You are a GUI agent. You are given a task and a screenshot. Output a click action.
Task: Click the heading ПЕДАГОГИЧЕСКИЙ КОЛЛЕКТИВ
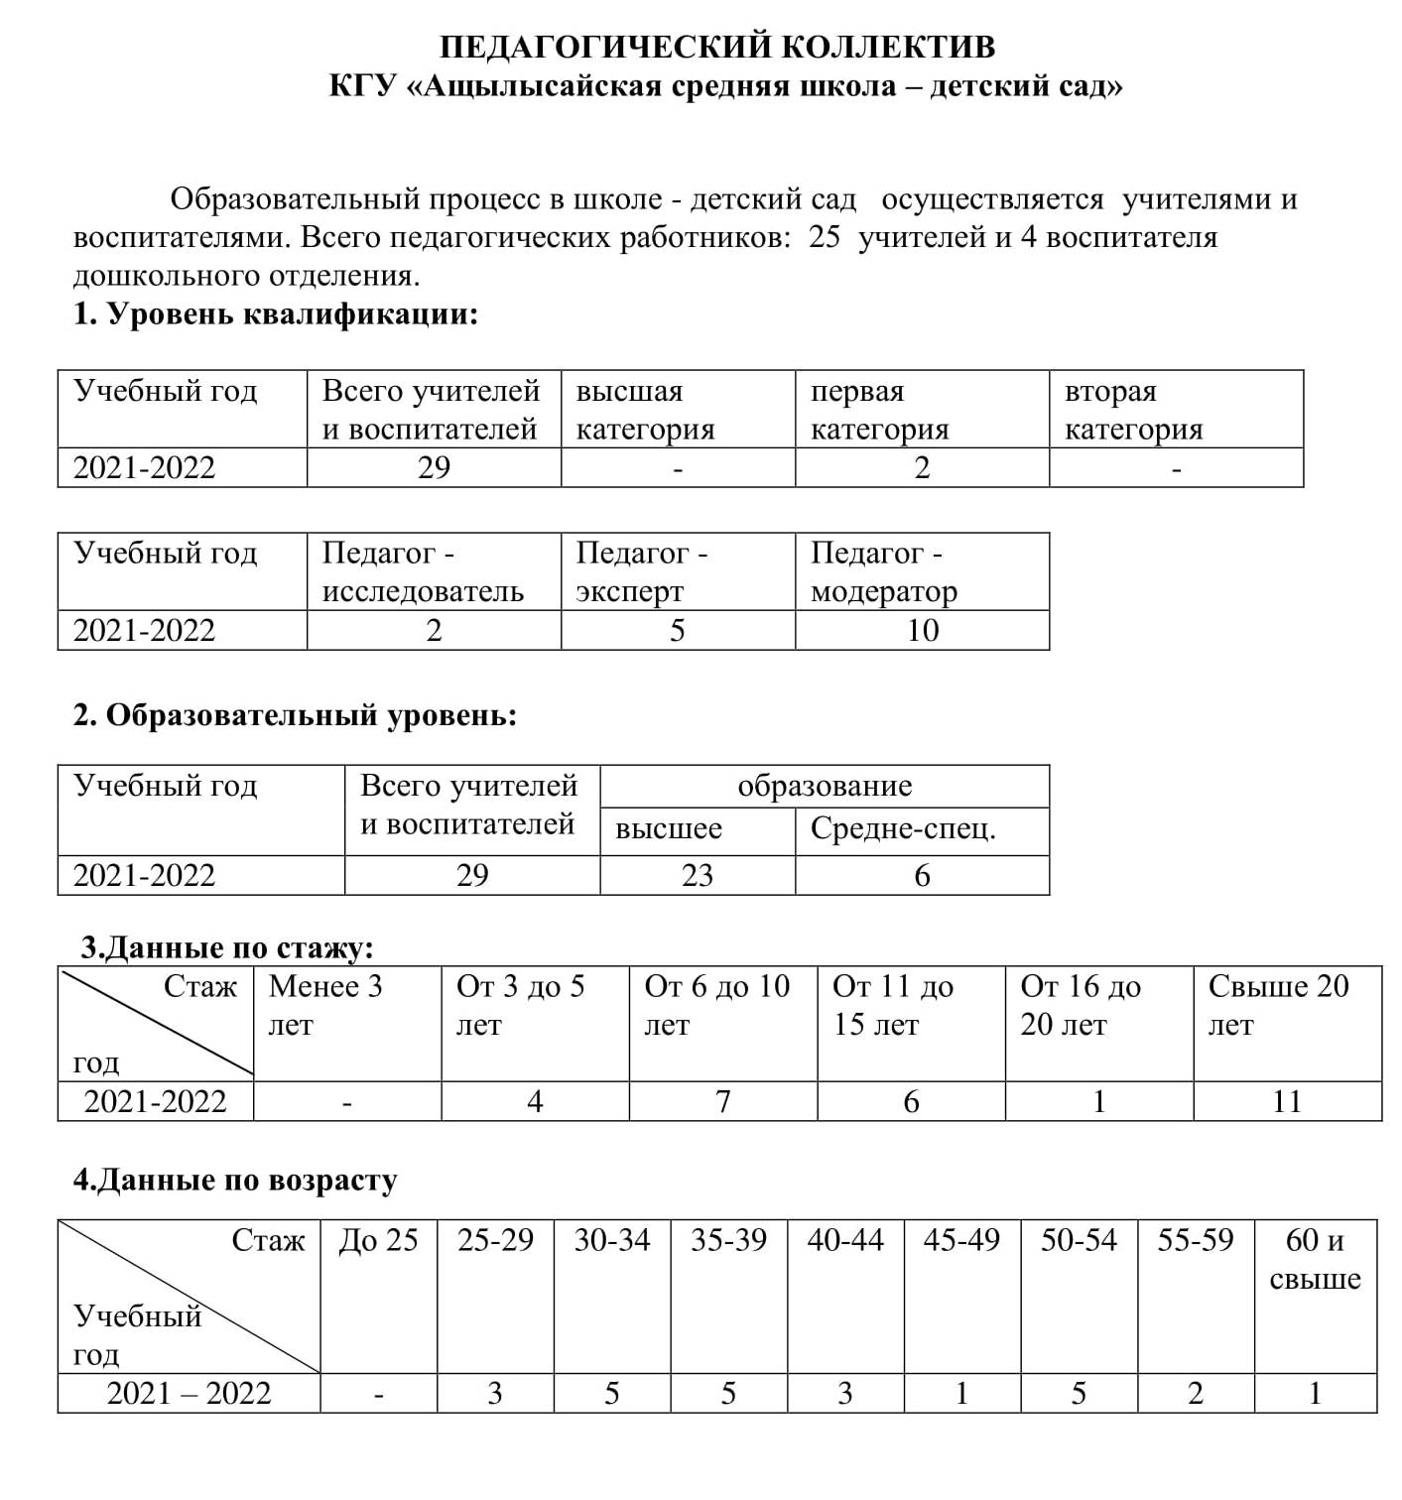[x=717, y=47]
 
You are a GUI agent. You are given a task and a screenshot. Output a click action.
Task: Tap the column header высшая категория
[x=645, y=410]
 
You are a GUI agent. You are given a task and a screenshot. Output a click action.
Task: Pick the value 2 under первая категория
[x=922, y=467]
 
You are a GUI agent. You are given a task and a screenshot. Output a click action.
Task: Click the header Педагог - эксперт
[x=641, y=571]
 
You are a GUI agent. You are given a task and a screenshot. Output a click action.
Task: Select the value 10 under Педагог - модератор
[x=922, y=630]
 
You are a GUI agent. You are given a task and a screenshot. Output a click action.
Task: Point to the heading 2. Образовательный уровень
[x=295, y=715]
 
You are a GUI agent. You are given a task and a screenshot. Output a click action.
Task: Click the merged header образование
[x=824, y=786]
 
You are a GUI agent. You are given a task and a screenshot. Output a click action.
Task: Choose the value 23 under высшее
[x=697, y=875]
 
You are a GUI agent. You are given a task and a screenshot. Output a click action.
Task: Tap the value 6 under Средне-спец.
[x=922, y=875]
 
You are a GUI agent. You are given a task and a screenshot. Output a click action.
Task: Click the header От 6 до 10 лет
[x=716, y=1004]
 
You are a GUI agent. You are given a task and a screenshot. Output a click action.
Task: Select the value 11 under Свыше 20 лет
[x=1286, y=1101]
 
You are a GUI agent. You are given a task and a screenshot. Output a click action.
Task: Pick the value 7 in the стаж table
[x=723, y=1101]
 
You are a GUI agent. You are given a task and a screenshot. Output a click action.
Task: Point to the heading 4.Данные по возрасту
[x=235, y=1180]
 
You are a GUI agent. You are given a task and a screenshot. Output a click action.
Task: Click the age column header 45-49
[x=960, y=1240]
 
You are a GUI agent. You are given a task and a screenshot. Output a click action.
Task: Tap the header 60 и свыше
[x=1315, y=1259]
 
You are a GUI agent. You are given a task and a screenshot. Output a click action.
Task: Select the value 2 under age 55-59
[x=1196, y=1394]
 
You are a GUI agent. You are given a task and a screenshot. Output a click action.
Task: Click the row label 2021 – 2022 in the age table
[x=189, y=1394]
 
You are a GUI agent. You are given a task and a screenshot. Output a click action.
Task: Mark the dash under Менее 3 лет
[x=347, y=1102]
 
